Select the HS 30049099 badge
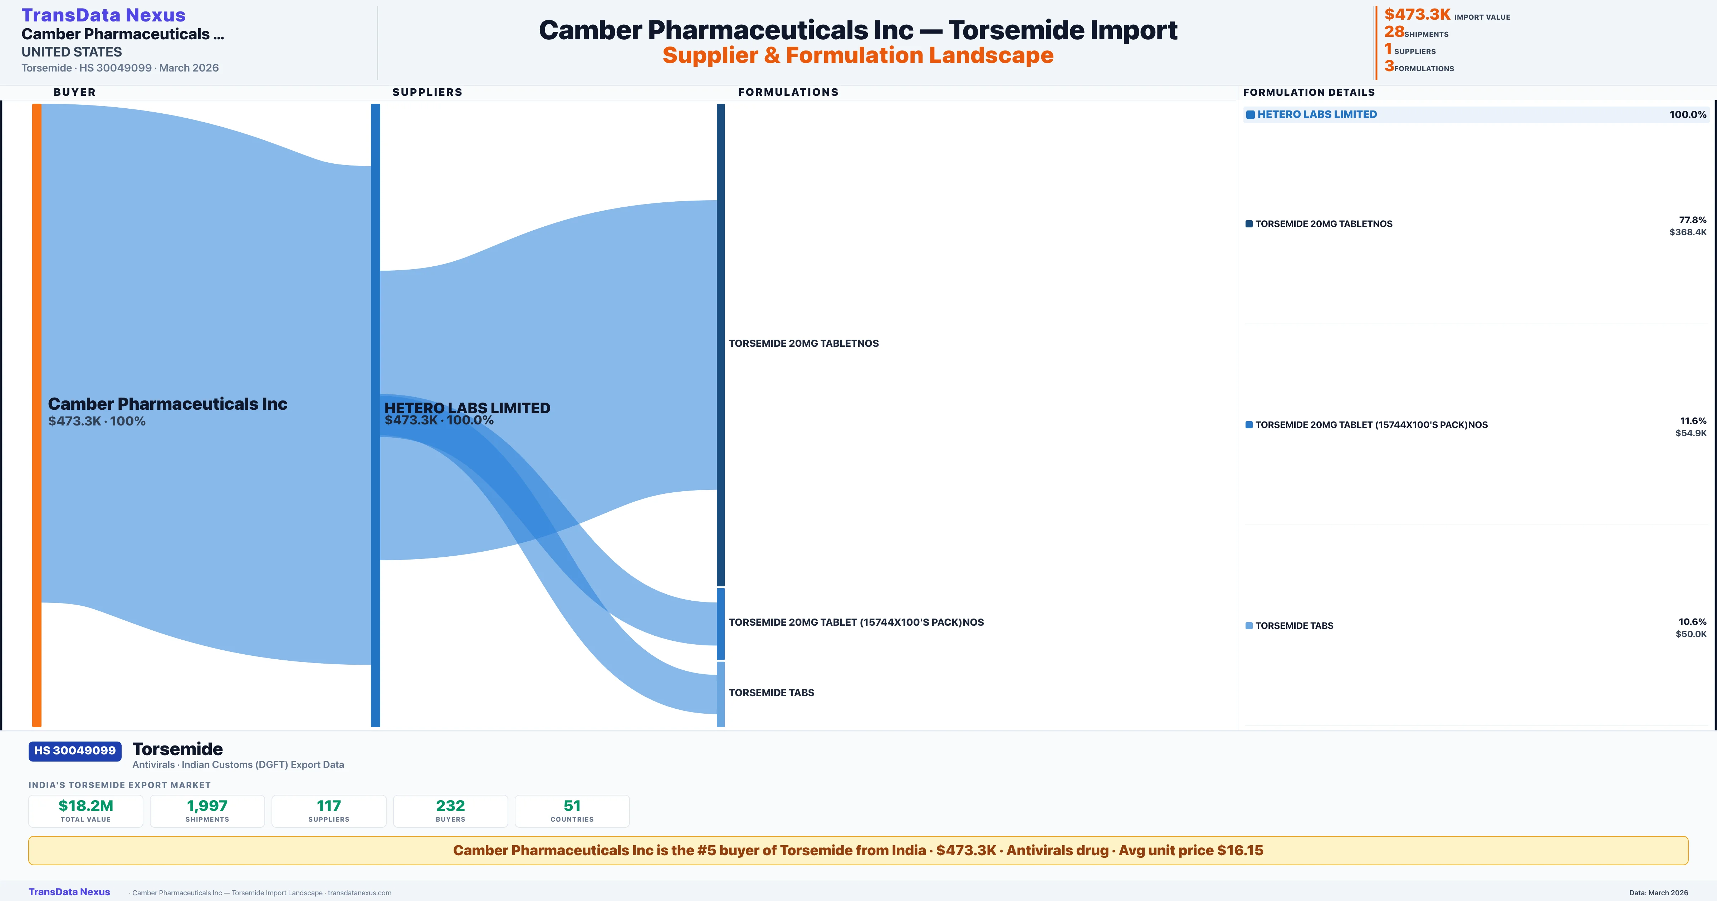point(75,750)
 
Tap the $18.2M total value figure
point(86,806)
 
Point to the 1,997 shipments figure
point(207,806)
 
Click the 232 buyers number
point(451,806)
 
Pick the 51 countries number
point(572,806)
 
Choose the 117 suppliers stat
point(329,806)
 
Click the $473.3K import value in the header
point(1417,14)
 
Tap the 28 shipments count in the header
point(1394,31)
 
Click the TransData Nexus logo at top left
point(103,15)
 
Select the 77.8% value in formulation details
point(1692,220)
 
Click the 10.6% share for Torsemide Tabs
point(1692,622)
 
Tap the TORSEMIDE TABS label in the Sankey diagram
point(771,693)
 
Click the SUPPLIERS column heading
point(427,92)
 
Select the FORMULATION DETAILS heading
point(1308,92)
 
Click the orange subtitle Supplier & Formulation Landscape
point(858,55)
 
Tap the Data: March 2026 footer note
point(1658,892)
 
